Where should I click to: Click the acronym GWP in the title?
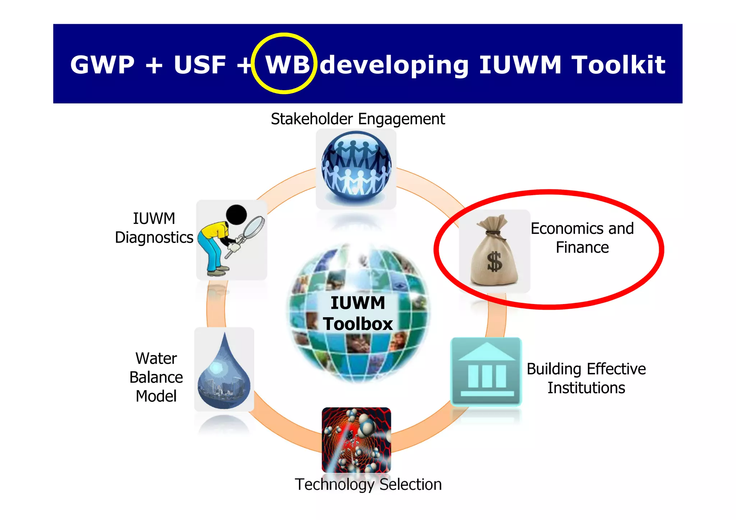[102, 65]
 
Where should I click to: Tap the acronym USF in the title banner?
[200, 65]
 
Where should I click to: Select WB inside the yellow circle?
[287, 65]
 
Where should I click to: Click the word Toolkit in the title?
[618, 65]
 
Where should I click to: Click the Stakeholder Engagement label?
[358, 119]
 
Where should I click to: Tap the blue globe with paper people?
[356, 168]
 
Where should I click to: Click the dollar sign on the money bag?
[494, 261]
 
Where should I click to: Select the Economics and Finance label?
[582, 238]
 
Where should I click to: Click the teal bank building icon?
[486, 371]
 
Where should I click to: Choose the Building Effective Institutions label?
[586, 378]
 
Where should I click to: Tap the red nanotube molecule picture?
[356, 440]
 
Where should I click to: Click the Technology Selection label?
[368, 484]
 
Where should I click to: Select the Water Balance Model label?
[156, 377]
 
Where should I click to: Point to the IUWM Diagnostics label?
[154, 228]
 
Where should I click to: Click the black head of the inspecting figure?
[236, 215]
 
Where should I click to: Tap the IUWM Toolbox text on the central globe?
[358, 313]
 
